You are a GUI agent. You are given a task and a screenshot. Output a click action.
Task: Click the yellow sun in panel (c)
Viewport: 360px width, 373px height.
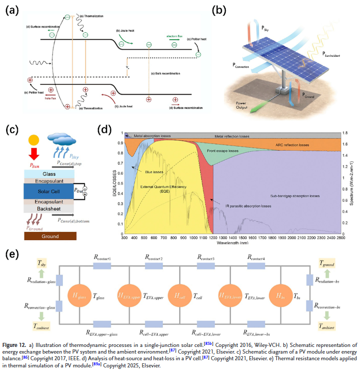click(x=34, y=140)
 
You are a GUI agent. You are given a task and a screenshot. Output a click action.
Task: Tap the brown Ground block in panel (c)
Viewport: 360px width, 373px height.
click(x=49, y=237)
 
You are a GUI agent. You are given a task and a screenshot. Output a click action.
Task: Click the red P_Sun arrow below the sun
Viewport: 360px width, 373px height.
click(x=34, y=155)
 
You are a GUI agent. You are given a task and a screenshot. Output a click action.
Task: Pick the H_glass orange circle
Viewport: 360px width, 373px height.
click(x=79, y=295)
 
